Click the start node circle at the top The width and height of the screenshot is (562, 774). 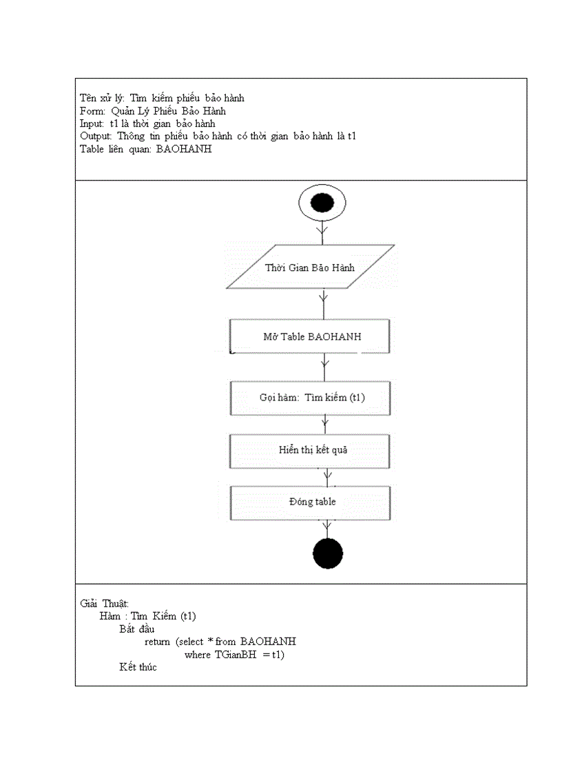(x=322, y=203)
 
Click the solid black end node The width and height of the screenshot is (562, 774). (x=327, y=553)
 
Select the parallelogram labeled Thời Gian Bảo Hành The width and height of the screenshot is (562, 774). (x=310, y=267)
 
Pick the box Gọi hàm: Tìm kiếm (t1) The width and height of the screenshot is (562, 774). (x=310, y=398)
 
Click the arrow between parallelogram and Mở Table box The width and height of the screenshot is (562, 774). (x=323, y=303)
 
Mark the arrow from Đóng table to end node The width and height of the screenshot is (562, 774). (x=327, y=529)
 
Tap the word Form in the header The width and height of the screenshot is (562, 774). (x=92, y=110)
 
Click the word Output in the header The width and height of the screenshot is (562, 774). (x=96, y=136)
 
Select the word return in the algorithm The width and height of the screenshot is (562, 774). (x=157, y=642)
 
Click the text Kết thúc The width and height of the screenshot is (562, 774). (x=138, y=667)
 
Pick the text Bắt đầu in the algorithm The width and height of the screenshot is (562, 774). (x=136, y=629)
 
